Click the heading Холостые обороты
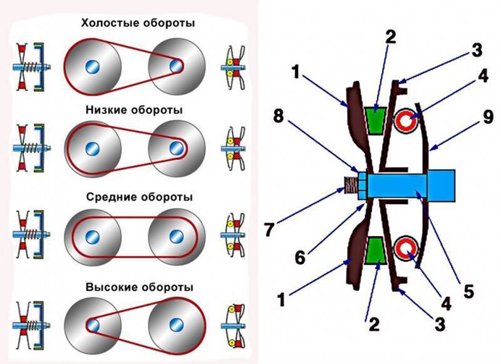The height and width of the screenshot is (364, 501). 137,23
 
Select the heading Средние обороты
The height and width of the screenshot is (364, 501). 138,197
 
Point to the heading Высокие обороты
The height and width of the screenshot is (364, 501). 138,287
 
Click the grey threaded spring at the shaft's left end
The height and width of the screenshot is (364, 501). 349,185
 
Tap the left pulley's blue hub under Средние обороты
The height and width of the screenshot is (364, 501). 93,237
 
